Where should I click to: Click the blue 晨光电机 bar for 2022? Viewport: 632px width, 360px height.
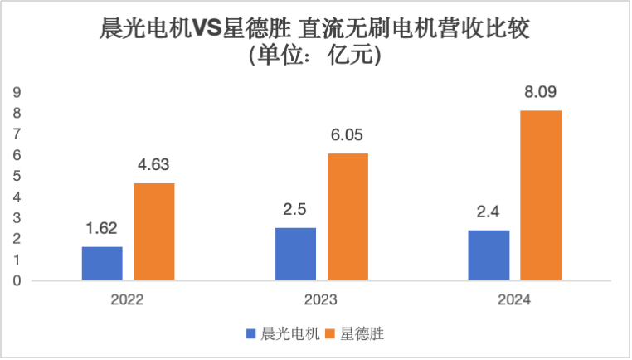coord(102,264)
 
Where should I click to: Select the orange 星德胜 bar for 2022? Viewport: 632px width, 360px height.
coord(154,232)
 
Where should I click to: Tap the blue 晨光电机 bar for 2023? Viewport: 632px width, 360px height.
coord(295,255)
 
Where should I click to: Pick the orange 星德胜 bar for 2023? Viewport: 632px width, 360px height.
coord(348,217)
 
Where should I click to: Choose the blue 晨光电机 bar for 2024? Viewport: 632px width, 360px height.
coord(489,255)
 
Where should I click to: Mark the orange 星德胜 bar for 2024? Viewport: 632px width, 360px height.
coord(541,196)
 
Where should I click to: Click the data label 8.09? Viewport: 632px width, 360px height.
coord(541,95)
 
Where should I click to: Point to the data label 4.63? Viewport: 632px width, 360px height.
coord(154,167)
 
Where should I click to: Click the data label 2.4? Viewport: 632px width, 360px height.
coord(489,213)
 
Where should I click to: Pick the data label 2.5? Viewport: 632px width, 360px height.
coord(295,211)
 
